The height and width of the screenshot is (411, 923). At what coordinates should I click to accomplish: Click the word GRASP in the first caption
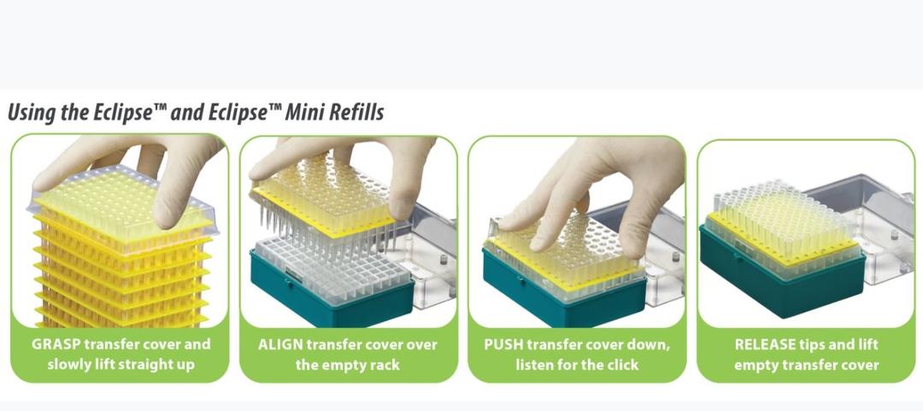(x=52, y=344)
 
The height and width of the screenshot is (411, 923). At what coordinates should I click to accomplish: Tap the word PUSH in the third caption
(x=503, y=344)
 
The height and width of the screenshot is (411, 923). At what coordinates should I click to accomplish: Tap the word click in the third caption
(x=620, y=365)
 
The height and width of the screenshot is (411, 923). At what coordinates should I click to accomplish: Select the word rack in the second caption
(x=385, y=365)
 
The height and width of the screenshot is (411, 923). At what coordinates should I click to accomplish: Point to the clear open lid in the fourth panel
(x=865, y=224)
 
